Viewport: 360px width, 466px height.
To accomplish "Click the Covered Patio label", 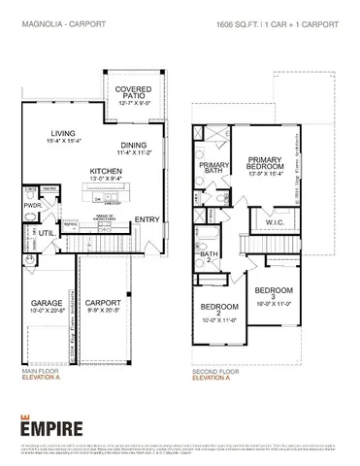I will pos(133,94).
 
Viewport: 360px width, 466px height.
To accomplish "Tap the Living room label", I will pos(63,137).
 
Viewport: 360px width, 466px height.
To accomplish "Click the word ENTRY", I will pos(148,219).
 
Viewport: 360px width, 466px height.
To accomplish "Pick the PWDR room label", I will pos(31,206).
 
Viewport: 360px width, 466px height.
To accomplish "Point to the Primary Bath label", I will pos(214,171).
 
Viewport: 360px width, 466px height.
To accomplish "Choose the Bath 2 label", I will pos(209,256).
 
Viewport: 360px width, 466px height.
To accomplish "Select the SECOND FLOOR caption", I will pos(214,371).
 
